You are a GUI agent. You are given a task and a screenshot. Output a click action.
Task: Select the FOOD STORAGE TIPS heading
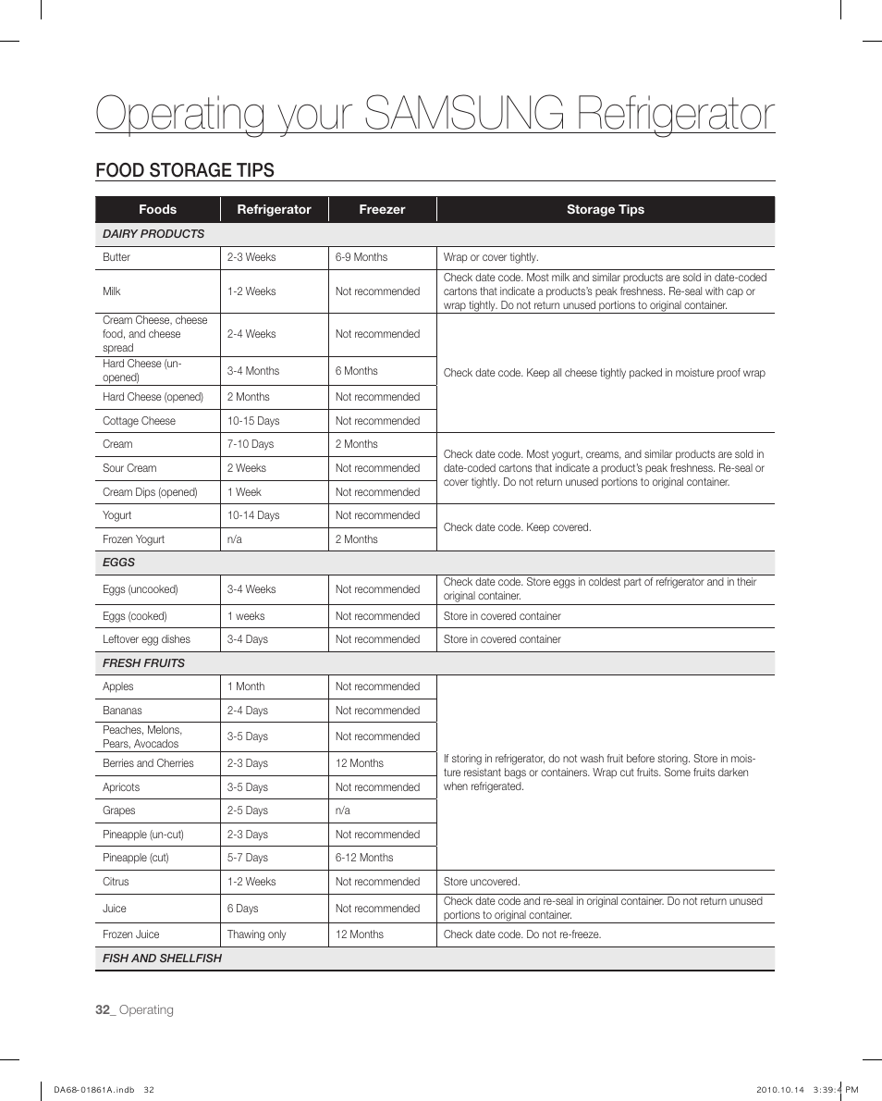coord(185,170)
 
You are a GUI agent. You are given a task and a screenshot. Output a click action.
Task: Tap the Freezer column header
coord(382,210)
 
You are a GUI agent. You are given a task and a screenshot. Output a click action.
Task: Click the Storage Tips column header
coord(605,210)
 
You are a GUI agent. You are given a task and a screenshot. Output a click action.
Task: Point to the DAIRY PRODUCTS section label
coord(153,234)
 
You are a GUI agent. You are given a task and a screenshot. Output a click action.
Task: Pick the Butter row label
coord(116,257)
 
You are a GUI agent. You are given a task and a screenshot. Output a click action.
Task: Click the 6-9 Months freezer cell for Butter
coord(361,257)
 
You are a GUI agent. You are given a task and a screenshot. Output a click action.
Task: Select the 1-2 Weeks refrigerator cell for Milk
coord(251,291)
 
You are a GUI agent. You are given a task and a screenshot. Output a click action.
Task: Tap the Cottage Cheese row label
coord(139,421)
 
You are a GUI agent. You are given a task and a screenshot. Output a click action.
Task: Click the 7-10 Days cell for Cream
coord(251,444)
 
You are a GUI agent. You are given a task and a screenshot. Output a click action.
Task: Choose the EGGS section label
coord(118,563)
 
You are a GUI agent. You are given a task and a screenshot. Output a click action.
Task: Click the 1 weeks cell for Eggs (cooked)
coord(246,616)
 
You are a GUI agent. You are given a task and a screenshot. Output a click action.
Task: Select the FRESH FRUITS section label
coord(143,663)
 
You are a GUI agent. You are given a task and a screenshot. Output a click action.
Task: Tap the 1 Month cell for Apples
coord(246,687)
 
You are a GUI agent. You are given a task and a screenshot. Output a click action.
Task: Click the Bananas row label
coord(122,711)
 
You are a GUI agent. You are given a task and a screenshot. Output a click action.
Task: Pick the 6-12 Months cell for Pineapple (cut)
coord(364,858)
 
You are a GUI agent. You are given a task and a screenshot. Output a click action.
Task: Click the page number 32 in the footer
coord(104,1009)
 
